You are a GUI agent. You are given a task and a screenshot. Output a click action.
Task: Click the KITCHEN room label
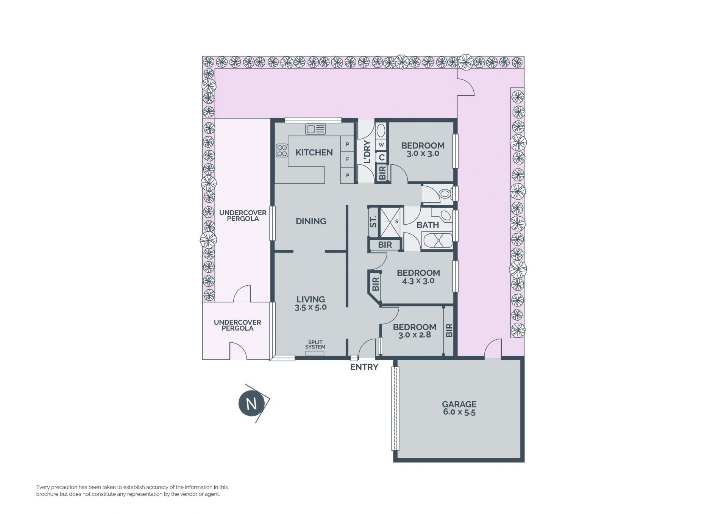coord(314,152)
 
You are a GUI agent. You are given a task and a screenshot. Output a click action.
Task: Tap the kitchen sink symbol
coord(315,130)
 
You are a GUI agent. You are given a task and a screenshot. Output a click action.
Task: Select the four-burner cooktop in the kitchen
coord(282,150)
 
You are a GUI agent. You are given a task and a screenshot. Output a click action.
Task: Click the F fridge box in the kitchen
coord(347,159)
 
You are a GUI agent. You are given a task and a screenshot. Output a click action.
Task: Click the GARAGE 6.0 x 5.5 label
coord(459,408)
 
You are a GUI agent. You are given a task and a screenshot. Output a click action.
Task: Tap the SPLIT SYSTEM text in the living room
coord(315,345)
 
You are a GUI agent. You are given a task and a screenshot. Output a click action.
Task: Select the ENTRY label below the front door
coord(364,367)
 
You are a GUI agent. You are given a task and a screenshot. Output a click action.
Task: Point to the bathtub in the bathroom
coord(437,241)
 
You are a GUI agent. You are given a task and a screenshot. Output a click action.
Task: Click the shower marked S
coord(390,222)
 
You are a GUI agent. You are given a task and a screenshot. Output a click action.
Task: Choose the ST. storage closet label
coord(373,222)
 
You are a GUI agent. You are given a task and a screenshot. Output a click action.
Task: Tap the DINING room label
coord(311,221)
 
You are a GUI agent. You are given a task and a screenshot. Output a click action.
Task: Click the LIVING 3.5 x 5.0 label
coord(310,303)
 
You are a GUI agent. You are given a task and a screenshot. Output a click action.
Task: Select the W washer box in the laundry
coord(381,145)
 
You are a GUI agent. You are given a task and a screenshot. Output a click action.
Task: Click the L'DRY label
coord(367,152)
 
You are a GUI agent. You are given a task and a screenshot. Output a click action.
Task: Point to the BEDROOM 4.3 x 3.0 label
coord(418,277)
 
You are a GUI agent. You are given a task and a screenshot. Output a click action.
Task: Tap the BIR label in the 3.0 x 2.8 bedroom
coord(449,330)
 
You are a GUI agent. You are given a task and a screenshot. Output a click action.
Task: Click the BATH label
coord(427,225)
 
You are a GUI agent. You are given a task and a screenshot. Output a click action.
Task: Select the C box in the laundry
coord(381,157)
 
